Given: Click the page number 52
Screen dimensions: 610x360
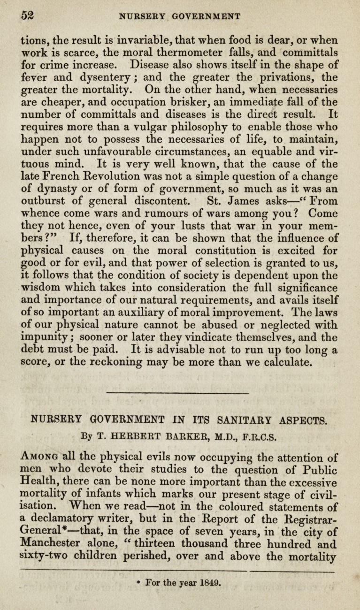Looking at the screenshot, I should tap(28, 15).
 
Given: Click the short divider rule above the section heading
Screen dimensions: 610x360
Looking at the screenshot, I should tap(178, 392).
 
